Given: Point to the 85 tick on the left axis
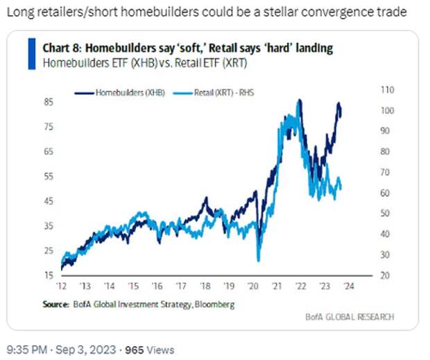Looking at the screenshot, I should pyautogui.click(x=50, y=101).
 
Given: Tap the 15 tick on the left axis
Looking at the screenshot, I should pyautogui.click(x=50, y=275).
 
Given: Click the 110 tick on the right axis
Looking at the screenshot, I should pyautogui.click(x=386, y=89).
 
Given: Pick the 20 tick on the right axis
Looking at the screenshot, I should pyautogui.click(x=384, y=275).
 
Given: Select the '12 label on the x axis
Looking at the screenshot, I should pyautogui.click(x=61, y=286).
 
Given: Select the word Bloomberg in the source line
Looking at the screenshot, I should pyautogui.click(x=215, y=304).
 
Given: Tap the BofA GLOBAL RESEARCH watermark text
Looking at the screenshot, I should pyautogui.click(x=350, y=317).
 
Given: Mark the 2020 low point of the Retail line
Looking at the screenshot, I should pyautogui.click(x=258, y=261).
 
